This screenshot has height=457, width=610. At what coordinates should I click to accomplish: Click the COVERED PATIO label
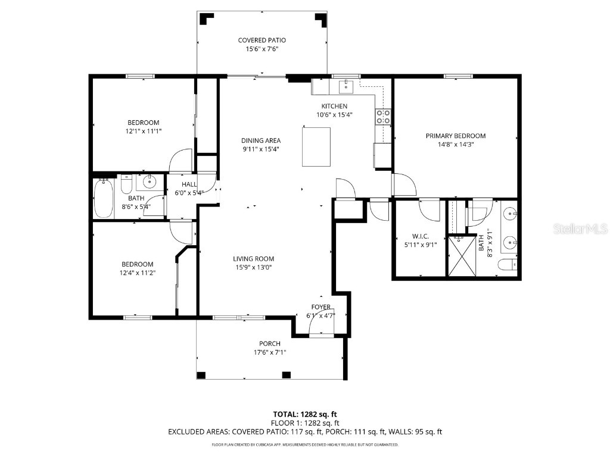[262, 40]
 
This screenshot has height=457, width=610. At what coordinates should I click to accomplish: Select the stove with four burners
[382, 117]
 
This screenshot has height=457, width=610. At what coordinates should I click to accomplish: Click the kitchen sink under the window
[346, 87]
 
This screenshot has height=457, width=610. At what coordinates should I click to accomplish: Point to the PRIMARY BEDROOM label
[455, 136]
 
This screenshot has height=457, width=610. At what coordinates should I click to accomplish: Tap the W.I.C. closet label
[412, 236]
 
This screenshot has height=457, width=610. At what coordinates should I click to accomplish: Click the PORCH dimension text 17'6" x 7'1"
[269, 352]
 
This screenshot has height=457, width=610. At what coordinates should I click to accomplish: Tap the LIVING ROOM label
[253, 259]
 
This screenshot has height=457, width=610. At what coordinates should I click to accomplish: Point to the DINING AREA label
[261, 141]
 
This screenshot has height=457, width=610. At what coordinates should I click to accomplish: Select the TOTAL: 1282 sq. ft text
[305, 414]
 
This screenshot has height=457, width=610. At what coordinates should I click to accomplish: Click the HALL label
[189, 184]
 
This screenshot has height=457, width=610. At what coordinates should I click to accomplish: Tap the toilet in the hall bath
[126, 184]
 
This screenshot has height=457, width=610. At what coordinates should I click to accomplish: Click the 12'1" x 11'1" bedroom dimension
[143, 131]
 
